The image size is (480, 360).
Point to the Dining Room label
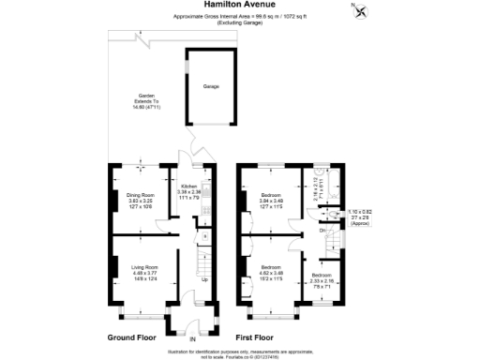pos(139,199)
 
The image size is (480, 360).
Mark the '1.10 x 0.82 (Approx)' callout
pos(360,218)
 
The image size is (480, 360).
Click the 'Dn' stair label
pos(322,230)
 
